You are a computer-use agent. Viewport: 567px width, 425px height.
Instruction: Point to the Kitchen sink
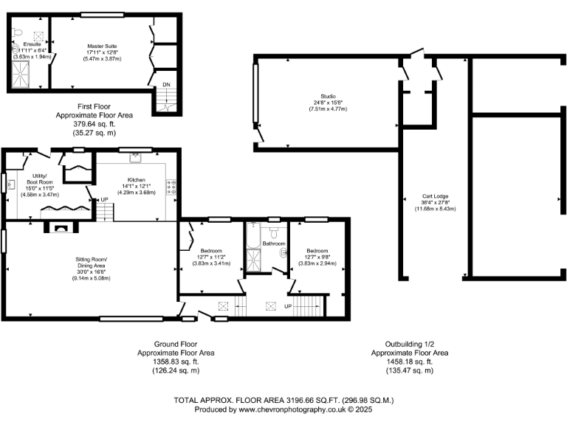click(x=136, y=156)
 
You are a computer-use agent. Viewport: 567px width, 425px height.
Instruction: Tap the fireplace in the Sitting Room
click(x=61, y=228)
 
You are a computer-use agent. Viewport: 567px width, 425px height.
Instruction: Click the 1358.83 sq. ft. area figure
click(x=176, y=362)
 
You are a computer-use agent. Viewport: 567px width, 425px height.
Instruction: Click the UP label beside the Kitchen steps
click(x=105, y=200)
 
